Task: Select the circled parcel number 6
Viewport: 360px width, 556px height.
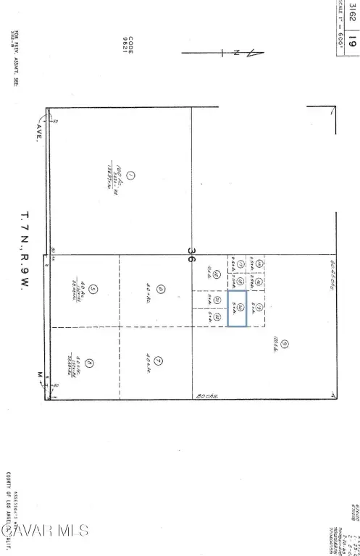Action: coord(161,289)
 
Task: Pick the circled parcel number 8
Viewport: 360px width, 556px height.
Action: coord(88,363)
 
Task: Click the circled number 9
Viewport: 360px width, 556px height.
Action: coord(285,344)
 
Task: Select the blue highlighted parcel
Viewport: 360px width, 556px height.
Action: coord(238,308)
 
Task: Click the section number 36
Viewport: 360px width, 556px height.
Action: coord(191,254)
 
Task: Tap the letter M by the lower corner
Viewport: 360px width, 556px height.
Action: coord(39,375)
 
